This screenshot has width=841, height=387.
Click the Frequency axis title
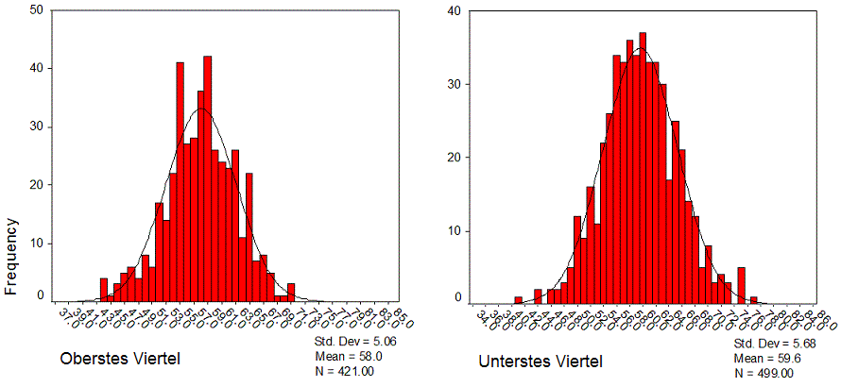12,257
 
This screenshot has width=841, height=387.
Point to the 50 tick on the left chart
36,10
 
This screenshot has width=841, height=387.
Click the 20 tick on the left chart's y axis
36,185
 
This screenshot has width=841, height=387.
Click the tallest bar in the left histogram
207,179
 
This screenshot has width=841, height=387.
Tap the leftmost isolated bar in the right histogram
518,299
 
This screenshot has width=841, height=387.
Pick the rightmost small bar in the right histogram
754,299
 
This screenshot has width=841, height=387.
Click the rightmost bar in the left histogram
291,292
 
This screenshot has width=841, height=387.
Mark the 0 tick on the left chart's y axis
39,295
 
